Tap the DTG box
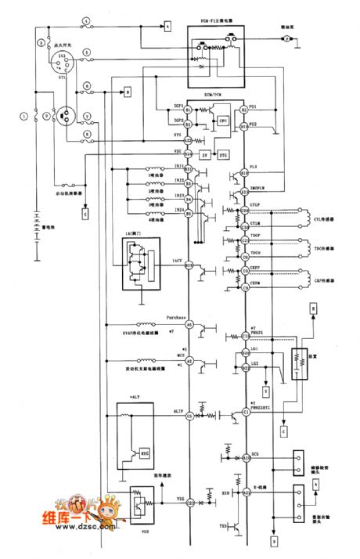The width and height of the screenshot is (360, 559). [x=222, y=154]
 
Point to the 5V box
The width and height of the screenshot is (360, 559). [x=206, y=154]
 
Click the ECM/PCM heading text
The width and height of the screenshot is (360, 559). [x=215, y=94]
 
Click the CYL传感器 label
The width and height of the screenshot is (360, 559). [x=322, y=221]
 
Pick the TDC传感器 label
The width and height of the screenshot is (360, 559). [x=322, y=248]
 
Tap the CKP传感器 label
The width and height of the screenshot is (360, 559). [x=322, y=279]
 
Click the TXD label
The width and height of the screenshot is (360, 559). [x=224, y=525]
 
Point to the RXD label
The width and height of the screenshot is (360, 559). [x=225, y=493]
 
